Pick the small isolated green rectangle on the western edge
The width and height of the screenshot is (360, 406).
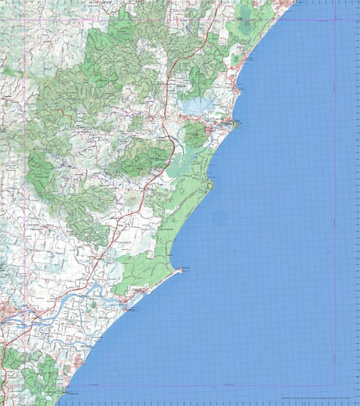coord(8,71)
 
